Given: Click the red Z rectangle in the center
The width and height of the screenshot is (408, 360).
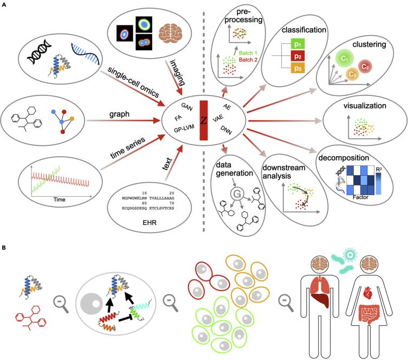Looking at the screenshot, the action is pyautogui.click(x=204, y=120).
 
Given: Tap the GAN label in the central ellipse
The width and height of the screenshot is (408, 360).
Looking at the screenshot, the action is pyautogui.click(x=187, y=107).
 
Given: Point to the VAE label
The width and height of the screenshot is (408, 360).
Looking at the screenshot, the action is pyautogui.click(x=218, y=118).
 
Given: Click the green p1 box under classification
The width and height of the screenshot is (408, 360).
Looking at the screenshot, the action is pyautogui.click(x=297, y=44).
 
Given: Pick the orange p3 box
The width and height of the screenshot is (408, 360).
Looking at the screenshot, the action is pyautogui.click(x=297, y=68).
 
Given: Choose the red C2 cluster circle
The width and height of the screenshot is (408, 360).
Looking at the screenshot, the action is pyautogui.click(x=365, y=67).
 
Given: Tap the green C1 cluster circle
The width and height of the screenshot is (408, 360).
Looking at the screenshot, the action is pyautogui.click(x=344, y=59).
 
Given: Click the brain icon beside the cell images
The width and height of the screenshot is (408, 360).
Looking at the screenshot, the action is pyautogui.click(x=171, y=33).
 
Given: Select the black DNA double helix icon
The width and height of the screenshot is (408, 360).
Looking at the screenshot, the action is pyautogui.click(x=40, y=52).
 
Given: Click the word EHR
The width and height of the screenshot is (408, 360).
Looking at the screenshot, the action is pyautogui.click(x=150, y=222).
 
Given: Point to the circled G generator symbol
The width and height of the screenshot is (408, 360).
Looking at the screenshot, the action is pyautogui.click(x=237, y=194).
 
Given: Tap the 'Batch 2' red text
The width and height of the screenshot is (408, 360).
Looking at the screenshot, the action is pyautogui.click(x=248, y=60).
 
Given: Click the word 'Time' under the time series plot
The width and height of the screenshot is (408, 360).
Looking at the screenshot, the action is pyautogui.click(x=59, y=200).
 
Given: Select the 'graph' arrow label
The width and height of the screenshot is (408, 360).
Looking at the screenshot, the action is pyautogui.click(x=119, y=114).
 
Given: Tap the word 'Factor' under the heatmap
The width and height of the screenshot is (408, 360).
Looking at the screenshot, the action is pyautogui.click(x=360, y=197).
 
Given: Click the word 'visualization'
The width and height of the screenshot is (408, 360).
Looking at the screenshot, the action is pyautogui.click(x=365, y=106).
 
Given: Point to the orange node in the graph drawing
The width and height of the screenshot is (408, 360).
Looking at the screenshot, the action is pyautogui.click(x=72, y=119).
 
